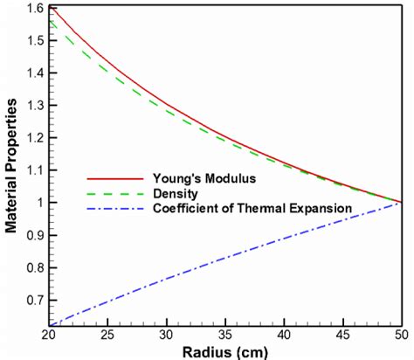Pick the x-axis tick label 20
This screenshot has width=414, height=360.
[x=51, y=335]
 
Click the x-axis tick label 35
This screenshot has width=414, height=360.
[x=225, y=335]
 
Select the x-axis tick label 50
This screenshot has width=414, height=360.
[x=400, y=335]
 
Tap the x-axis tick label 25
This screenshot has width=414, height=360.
[x=109, y=335]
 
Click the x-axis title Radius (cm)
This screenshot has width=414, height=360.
[x=225, y=351]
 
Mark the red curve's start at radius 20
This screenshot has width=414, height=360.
[x=52, y=7]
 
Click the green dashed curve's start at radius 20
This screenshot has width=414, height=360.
[x=52, y=21]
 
